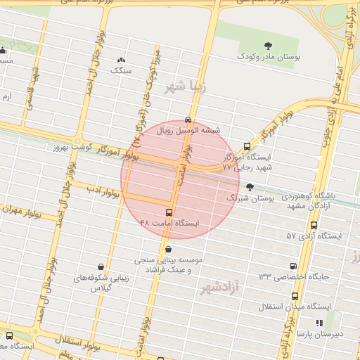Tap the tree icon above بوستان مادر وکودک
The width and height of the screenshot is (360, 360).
coord(267,46)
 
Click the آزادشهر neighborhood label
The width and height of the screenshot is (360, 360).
coord(219,286)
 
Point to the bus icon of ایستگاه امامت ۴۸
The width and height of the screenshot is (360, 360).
coord(169,212)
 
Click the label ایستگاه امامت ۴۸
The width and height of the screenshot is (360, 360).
coord(169,223)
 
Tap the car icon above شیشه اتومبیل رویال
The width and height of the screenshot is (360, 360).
coord(187,120)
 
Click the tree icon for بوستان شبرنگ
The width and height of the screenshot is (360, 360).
coord(250,187)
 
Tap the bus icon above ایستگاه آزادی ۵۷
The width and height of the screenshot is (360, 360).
coord(313,226)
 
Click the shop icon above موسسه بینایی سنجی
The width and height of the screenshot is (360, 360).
coord(167,249)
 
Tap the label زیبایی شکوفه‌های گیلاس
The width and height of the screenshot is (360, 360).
coord(103,283)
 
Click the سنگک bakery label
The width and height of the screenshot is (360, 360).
coord(122,71)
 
